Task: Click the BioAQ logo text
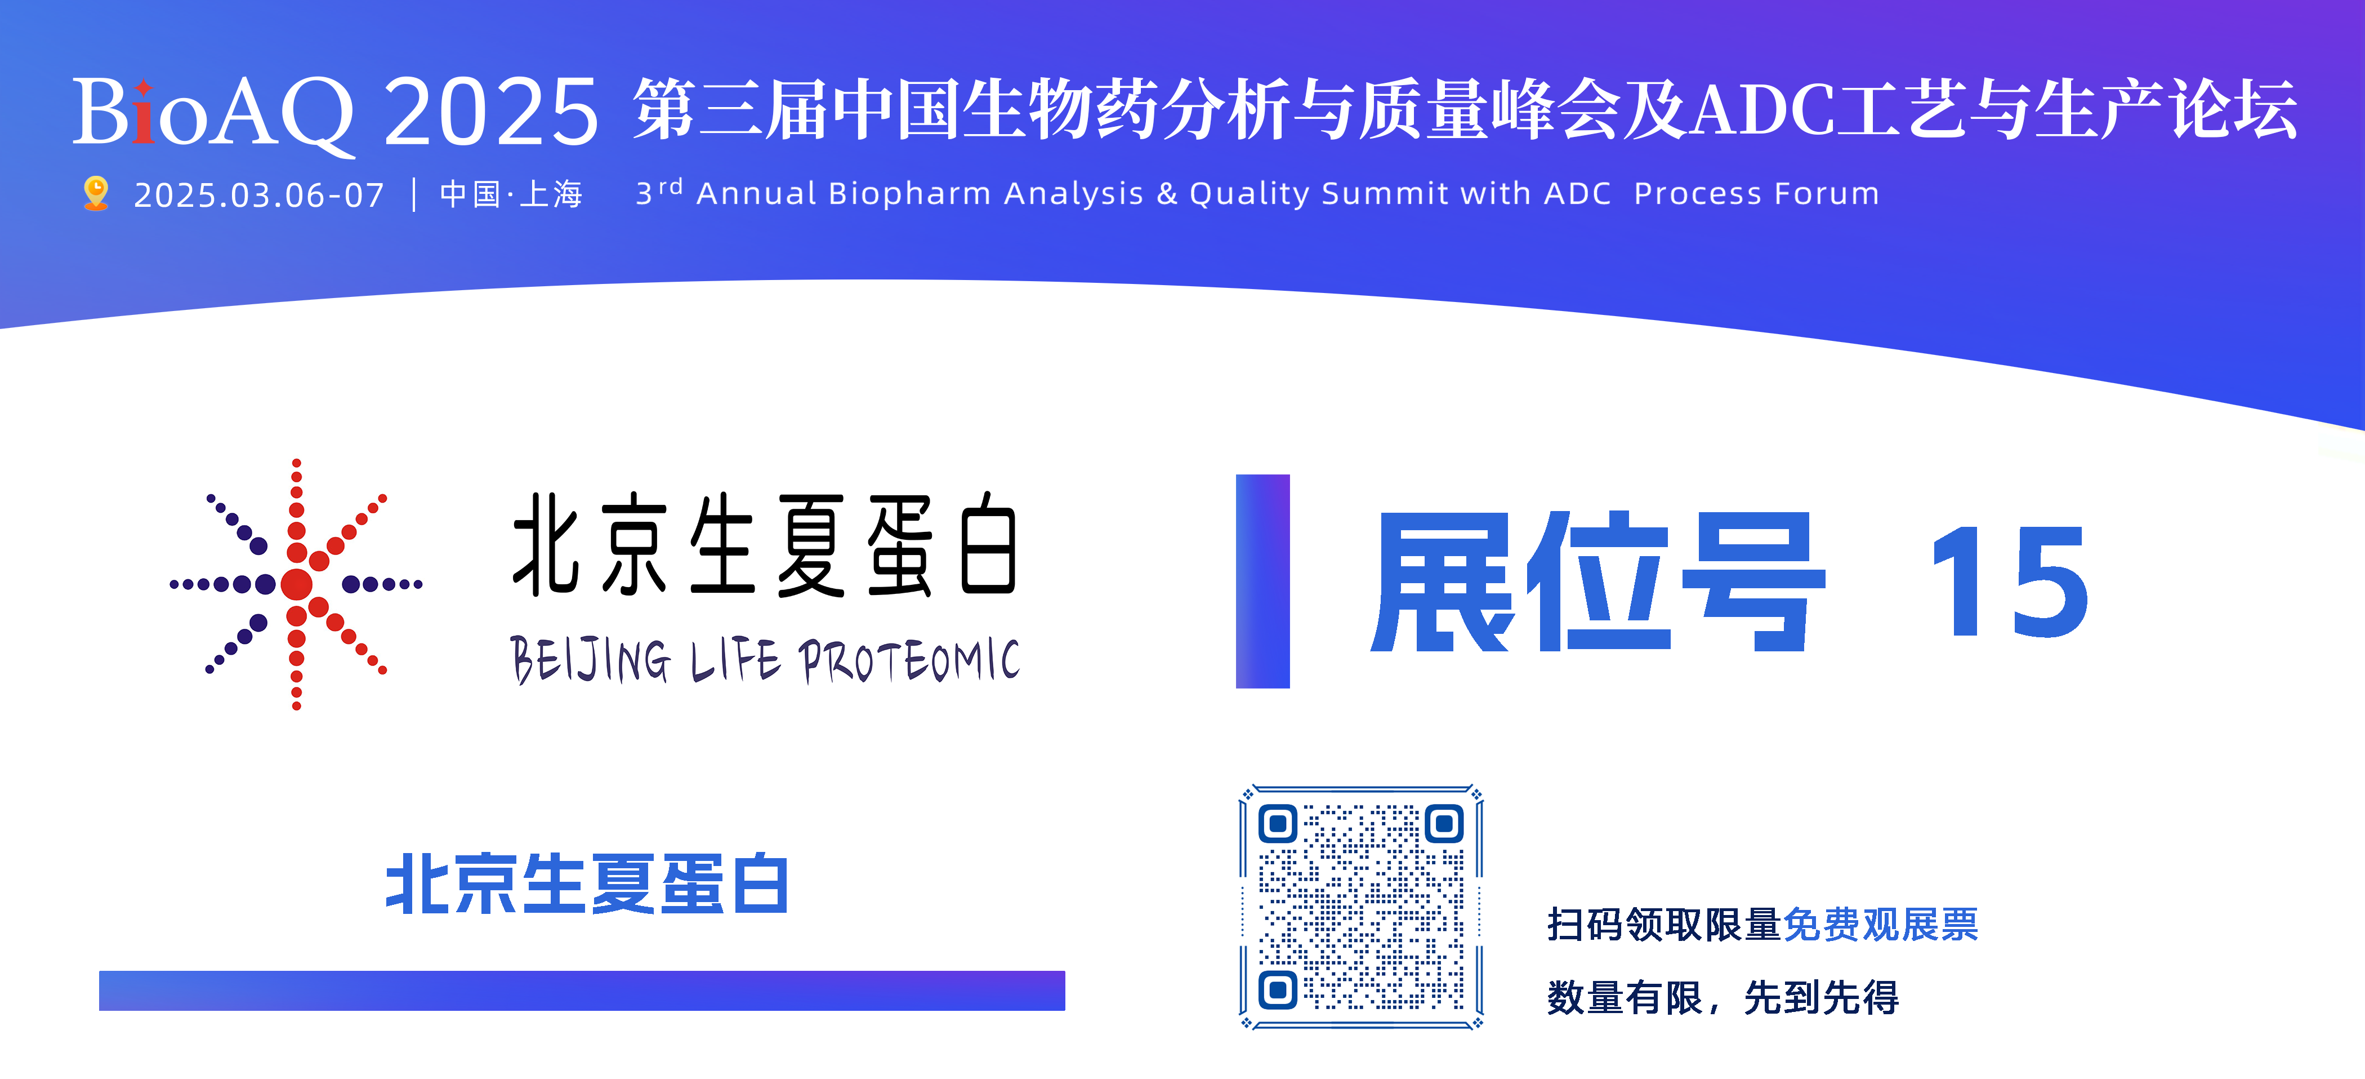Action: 213,112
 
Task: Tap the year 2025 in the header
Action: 491,112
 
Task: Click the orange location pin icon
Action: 96,194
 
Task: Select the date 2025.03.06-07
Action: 259,196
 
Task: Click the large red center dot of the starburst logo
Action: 297,584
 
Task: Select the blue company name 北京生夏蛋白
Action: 587,884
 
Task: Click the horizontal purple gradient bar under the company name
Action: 582,991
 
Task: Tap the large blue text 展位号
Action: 1598,582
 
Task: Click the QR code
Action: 1360,907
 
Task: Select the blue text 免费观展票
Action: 1880,925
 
